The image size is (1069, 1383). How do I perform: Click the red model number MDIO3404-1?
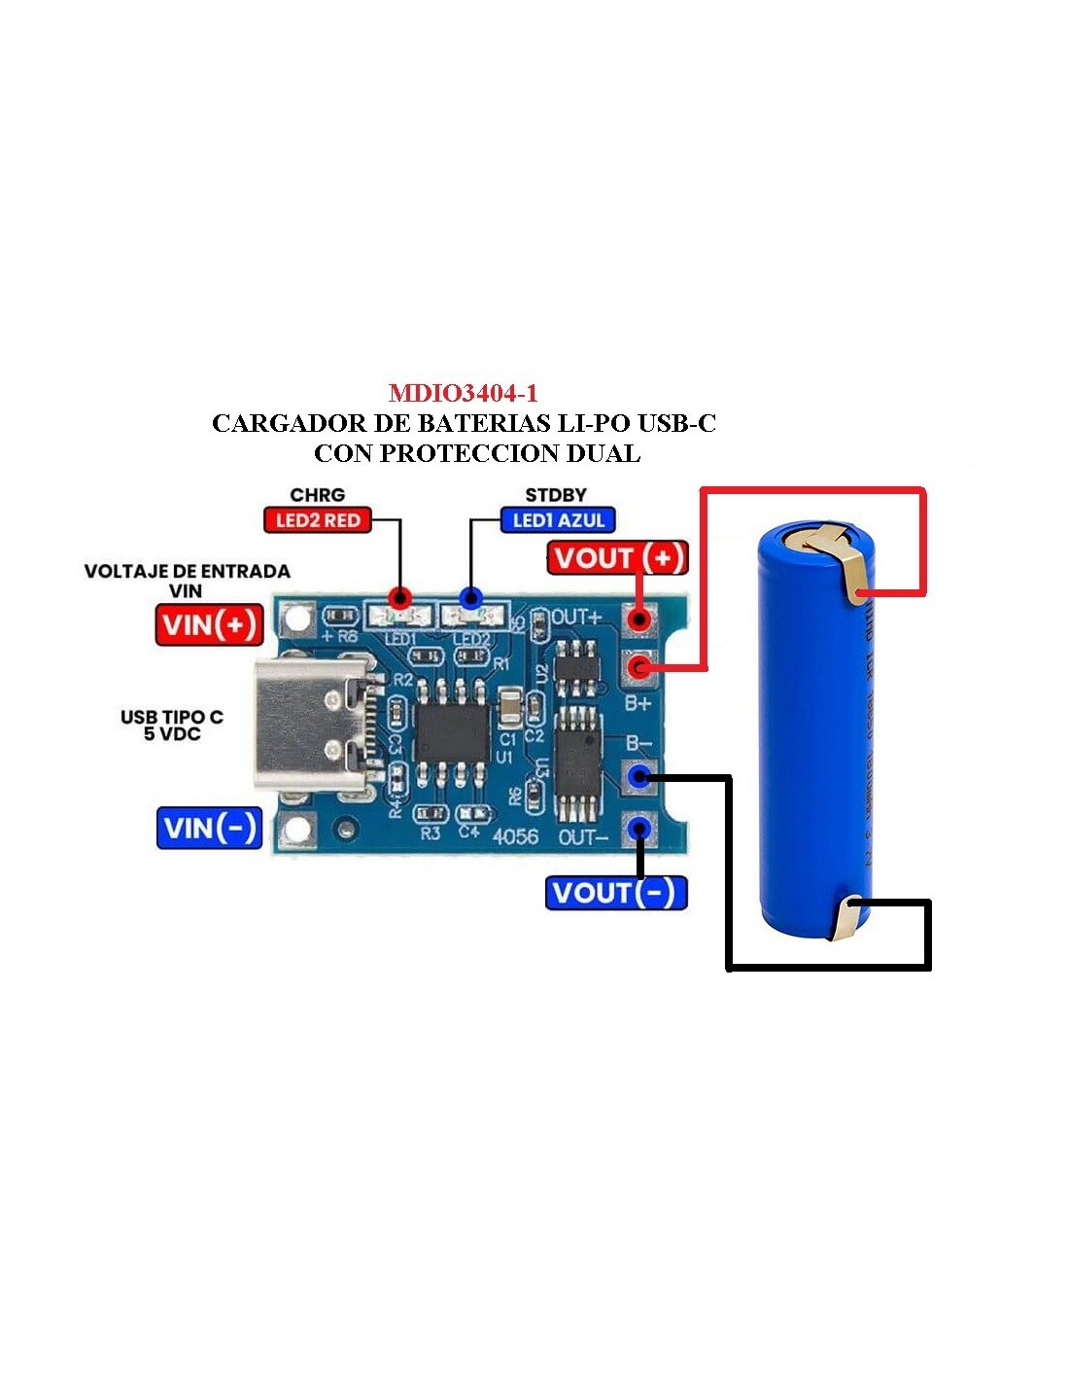(x=463, y=393)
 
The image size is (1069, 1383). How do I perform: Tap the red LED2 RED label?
(x=318, y=520)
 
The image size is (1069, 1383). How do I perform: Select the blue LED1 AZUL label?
(x=558, y=520)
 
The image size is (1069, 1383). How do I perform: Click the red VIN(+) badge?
(x=210, y=624)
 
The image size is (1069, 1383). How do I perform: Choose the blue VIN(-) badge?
(x=210, y=828)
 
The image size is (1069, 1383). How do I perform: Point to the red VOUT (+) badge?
(x=618, y=558)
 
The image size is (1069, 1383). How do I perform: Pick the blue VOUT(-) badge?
(x=616, y=892)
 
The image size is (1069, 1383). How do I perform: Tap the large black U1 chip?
(x=452, y=731)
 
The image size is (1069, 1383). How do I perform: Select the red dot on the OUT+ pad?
(x=638, y=619)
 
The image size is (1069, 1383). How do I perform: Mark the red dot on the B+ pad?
(x=638, y=666)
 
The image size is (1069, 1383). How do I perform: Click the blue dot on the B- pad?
(x=638, y=775)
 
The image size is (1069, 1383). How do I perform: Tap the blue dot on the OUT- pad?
(x=638, y=828)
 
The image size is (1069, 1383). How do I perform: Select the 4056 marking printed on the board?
(x=515, y=835)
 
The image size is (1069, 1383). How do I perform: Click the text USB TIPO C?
(x=172, y=717)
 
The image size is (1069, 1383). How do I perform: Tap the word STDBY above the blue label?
(x=556, y=495)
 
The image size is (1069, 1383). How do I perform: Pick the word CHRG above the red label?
(x=317, y=495)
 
